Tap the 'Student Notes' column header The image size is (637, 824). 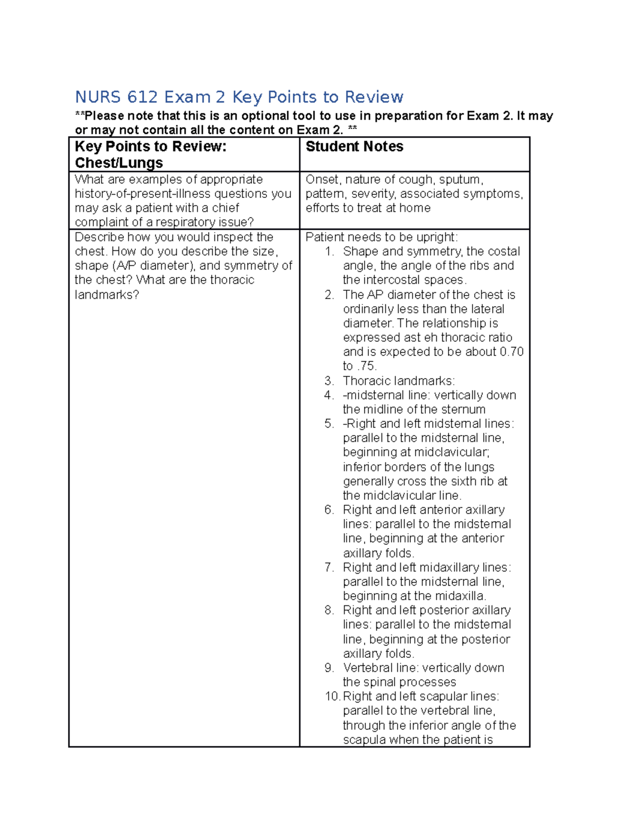(354, 146)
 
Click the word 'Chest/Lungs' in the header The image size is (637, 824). (118, 163)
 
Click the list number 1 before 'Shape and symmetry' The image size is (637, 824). (329, 251)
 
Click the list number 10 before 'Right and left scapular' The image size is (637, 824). (332, 696)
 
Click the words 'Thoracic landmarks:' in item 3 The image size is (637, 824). (399, 380)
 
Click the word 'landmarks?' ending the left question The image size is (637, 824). (107, 294)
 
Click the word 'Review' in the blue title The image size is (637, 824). (374, 97)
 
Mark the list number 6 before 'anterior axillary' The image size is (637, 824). (329, 510)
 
